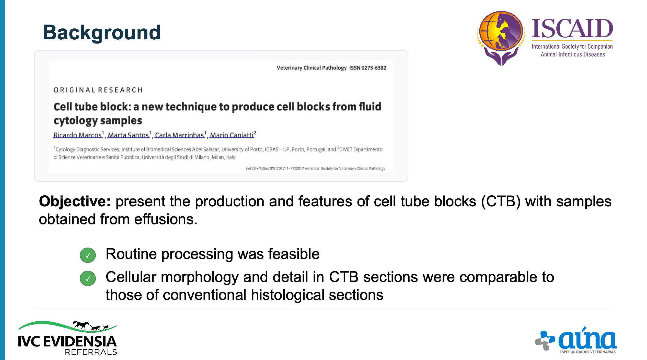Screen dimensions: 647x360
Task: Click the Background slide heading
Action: [x=102, y=33]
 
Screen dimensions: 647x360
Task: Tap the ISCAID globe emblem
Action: [x=501, y=38]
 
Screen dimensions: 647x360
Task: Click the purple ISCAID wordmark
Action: [x=572, y=29]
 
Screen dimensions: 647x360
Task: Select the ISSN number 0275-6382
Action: [x=374, y=68]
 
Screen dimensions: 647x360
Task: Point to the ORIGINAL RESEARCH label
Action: [x=98, y=90]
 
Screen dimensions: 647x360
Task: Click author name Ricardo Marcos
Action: [x=77, y=135]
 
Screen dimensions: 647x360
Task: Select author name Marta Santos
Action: [x=128, y=135]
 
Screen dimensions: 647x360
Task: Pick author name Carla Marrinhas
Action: [x=180, y=135]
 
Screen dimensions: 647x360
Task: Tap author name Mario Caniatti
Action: [x=232, y=135]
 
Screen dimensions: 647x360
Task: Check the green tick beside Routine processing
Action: [x=88, y=255]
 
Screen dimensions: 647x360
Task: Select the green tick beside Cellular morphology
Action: [x=88, y=278]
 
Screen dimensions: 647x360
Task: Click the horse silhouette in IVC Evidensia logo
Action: [x=81, y=325]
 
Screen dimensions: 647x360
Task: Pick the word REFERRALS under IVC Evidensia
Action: [x=91, y=352]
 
